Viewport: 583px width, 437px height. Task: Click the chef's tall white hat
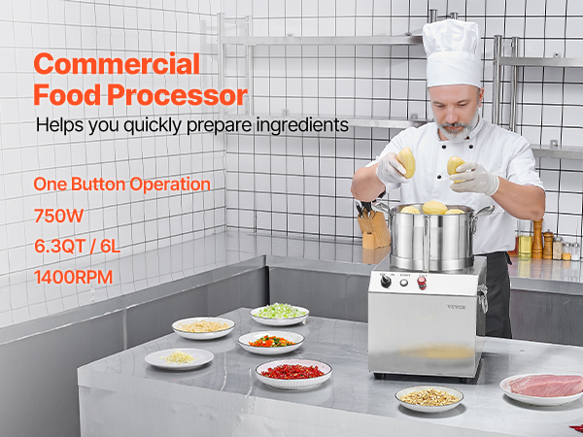[453, 53]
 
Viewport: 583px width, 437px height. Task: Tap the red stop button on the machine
[422, 283]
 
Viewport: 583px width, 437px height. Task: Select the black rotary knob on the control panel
[386, 282]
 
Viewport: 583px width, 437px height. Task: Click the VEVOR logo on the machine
[457, 307]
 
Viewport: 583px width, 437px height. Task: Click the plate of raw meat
[542, 388]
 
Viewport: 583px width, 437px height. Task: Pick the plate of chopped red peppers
[293, 373]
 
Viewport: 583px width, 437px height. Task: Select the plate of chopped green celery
[279, 314]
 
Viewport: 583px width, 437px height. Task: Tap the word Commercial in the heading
[117, 64]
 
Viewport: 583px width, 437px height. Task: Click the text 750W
[58, 216]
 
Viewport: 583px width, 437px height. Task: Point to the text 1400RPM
[73, 277]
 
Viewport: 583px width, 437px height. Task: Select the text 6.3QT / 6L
[78, 246]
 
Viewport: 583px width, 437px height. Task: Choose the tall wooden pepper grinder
[537, 239]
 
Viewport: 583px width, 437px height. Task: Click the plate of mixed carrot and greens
[271, 342]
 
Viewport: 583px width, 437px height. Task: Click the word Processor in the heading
[178, 95]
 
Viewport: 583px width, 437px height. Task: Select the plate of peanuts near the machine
[429, 398]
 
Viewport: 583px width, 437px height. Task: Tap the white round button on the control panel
[404, 283]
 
